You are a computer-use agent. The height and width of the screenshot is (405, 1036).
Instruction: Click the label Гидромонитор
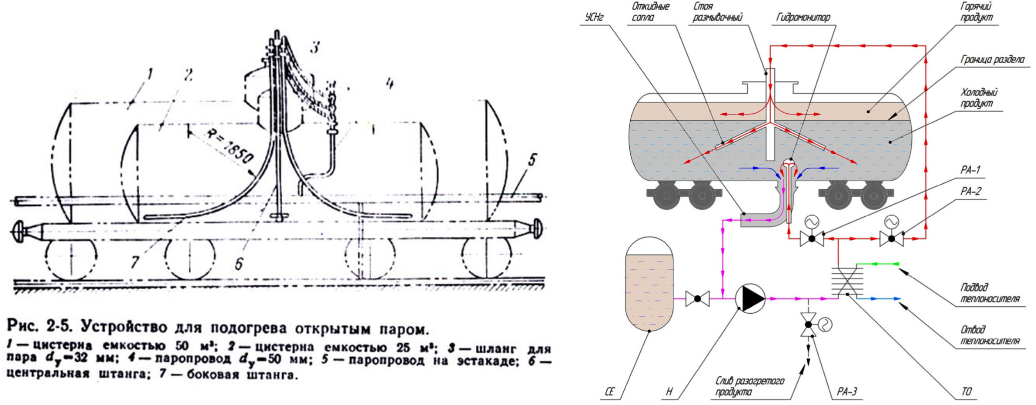click(803, 18)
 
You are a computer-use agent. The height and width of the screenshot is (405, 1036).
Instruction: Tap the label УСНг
click(594, 17)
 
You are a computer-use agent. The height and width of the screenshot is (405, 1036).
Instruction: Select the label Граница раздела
click(992, 59)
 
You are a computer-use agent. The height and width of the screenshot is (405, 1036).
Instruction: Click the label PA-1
click(970, 170)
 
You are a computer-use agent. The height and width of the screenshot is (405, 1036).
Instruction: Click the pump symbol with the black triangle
click(751, 298)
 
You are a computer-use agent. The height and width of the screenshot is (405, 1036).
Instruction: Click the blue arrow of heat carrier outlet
click(880, 298)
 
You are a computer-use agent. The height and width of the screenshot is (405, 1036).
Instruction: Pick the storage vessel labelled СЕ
click(649, 284)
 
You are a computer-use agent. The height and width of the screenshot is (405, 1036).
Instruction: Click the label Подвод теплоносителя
click(990, 293)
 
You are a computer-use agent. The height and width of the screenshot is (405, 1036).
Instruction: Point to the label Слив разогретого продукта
click(749, 386)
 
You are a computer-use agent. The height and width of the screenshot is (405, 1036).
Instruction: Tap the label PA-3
click(847, 392)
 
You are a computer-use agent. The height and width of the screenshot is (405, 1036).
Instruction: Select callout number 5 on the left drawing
click(532, 160)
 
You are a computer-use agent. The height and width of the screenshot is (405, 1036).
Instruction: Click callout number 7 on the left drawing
click(134, 262)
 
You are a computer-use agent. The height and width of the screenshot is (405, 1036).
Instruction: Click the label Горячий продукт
click(976, 12)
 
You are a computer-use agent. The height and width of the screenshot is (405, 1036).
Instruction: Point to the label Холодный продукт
click(979, 98)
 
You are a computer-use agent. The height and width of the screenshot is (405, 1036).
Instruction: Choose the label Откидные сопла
click(650, 12)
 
